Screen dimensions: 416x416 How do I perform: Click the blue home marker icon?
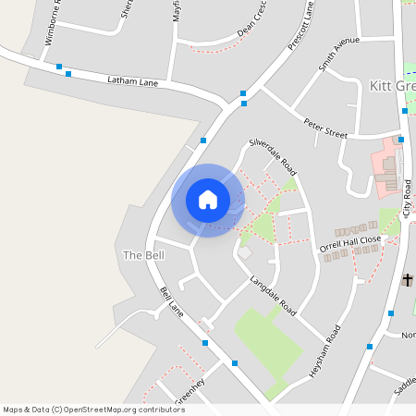coord(207,200)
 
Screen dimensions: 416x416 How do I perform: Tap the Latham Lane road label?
coord(133,82)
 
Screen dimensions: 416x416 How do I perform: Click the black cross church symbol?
coord(407,279)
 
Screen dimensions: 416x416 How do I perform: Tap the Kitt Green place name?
coord(392,84)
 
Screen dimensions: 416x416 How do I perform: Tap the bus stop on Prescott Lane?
coord(243,92)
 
